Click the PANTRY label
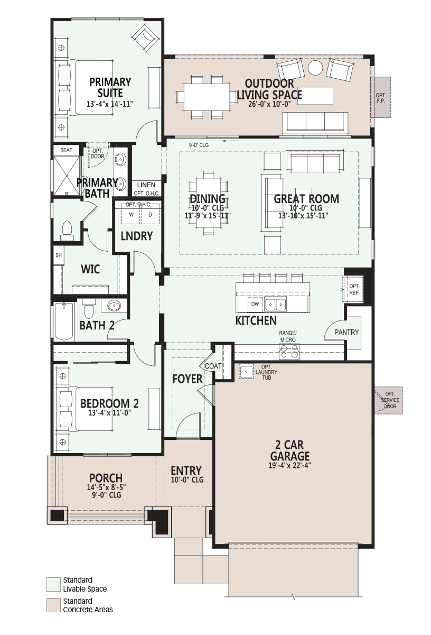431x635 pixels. (x=346, y=332)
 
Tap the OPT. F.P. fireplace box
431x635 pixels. (x=381, y=97)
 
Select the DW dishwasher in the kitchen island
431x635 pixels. (x=255, y=304)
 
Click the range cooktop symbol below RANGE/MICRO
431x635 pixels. (x=289, y=352)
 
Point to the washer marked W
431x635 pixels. (x=131, y=215)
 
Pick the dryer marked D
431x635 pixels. (x=150, y=215)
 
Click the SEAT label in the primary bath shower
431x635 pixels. (x=66, y=150)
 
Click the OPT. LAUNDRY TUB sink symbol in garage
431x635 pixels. (x=246, y=371)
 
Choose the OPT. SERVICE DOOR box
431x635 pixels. (x=388, y=400)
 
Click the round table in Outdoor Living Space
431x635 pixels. (x=315, y=68)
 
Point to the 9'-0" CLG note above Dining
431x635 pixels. (x=199, y=145)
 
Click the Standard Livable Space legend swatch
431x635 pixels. (x=53, y=585)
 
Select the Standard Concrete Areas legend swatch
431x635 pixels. (x=53, y=605)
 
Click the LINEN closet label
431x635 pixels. (x=146, y=185)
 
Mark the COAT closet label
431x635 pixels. (x=213, y=366)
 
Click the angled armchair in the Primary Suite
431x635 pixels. (x=145, y=38)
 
